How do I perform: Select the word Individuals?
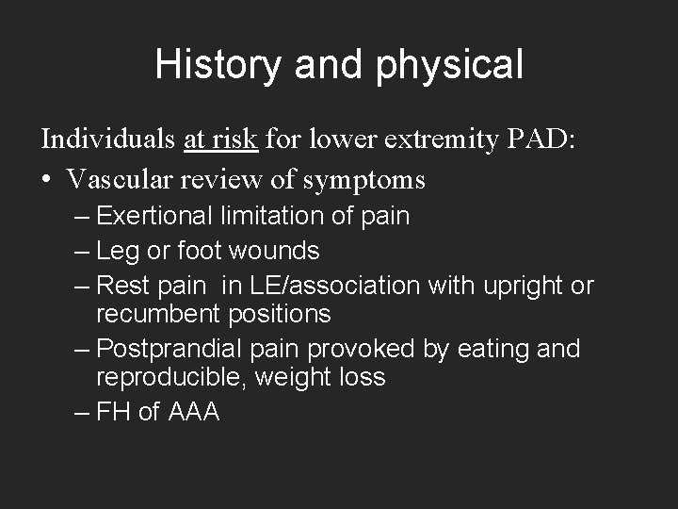point(108,140)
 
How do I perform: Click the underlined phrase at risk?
point(220,140)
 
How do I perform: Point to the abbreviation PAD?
point(539,140)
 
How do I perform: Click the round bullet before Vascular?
point(46,179)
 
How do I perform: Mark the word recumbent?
point(159,313)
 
